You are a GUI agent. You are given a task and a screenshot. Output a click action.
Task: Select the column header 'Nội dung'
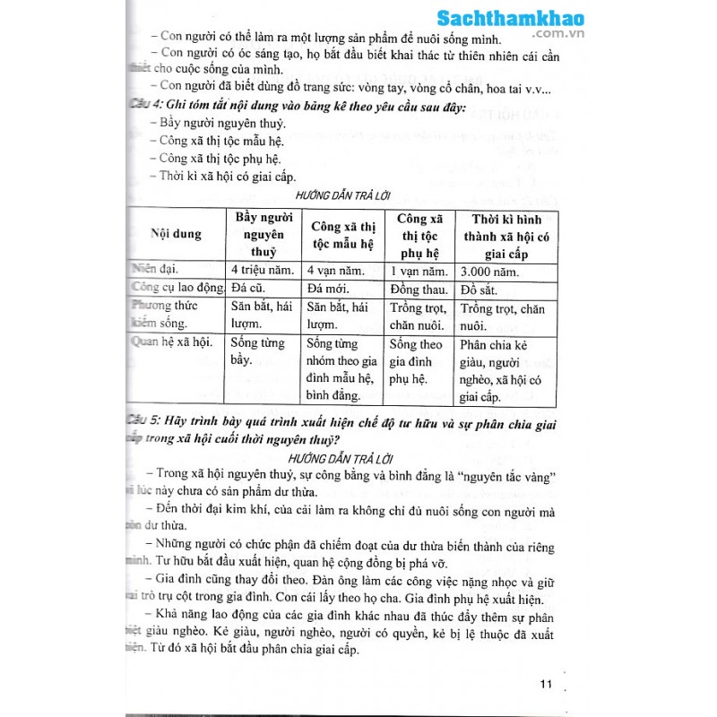pyautogui.click(x=177, y=234)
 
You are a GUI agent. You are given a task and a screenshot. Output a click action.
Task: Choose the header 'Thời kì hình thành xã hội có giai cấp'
pyautogui.click(x=506, y=235)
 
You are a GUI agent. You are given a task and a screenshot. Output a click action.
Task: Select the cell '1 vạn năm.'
pyautogui.click(x=417, y=271)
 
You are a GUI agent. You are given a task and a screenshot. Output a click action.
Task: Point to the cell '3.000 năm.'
pyautogui.click(x=492, y=271)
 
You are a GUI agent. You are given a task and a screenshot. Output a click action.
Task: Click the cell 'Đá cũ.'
pyautogui.click(x=250, y=289)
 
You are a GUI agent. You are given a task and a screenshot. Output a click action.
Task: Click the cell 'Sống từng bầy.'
pyautogui.click(x=257, y=352)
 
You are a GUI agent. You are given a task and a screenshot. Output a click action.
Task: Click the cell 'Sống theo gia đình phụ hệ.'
pyautogui.click(x=418, y=361)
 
